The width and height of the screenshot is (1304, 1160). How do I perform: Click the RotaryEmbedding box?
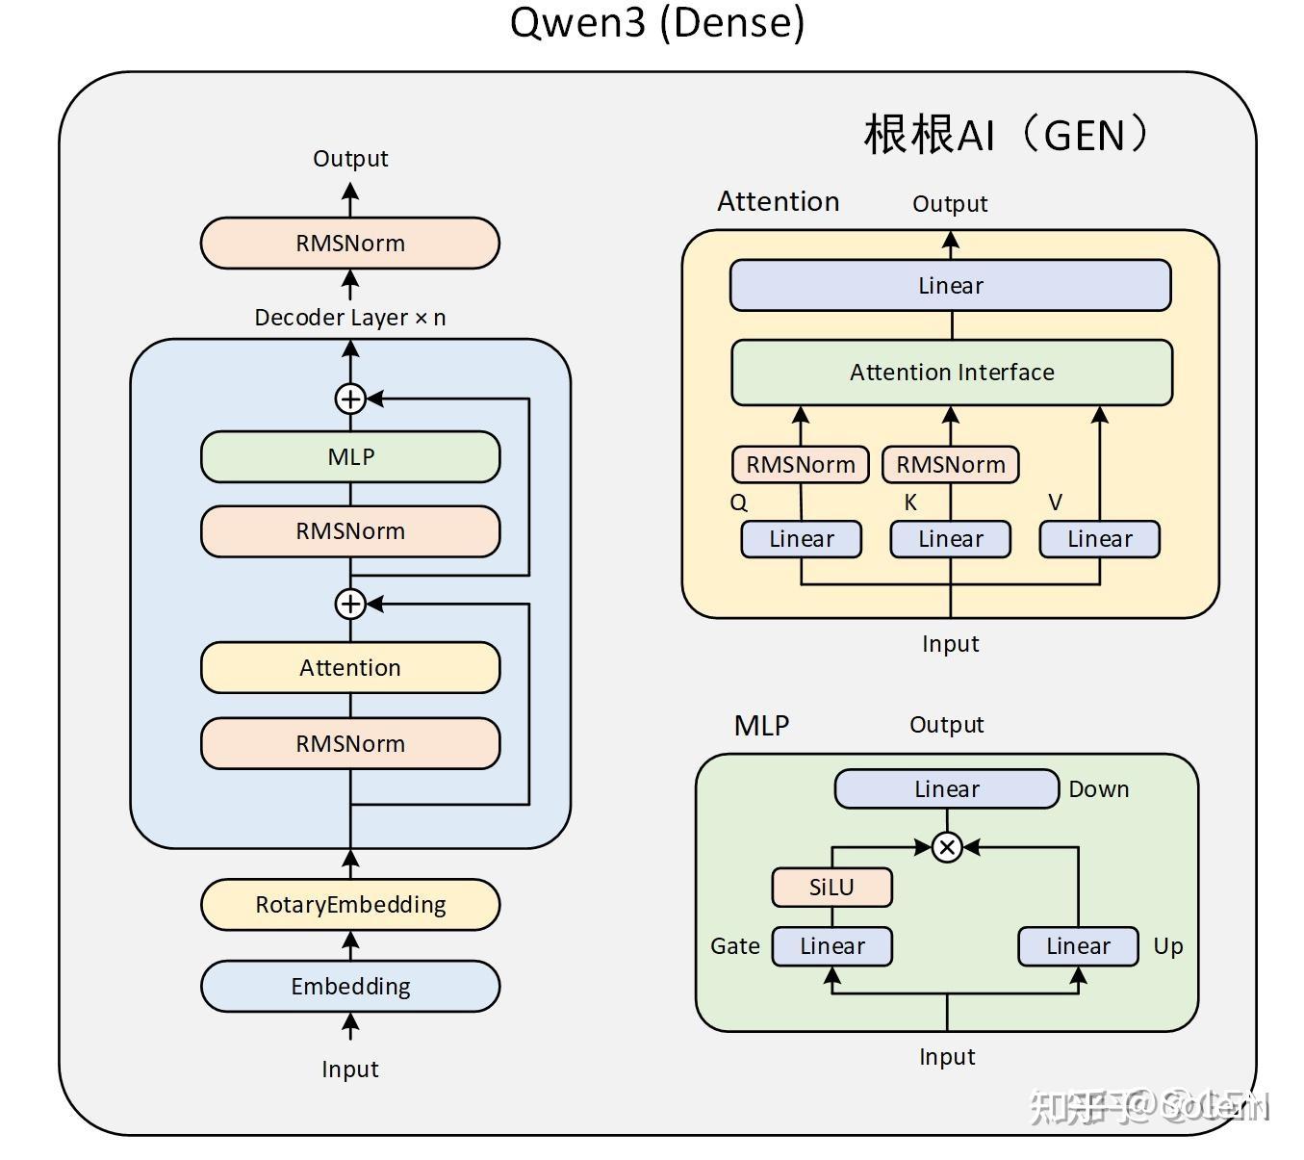(x=350, y=905)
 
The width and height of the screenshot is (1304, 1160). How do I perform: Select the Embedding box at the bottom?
(x=350, y=987)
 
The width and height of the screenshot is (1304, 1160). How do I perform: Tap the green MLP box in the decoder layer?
(x=350, y=457)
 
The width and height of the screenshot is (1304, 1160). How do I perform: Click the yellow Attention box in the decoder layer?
(x=350, y=668)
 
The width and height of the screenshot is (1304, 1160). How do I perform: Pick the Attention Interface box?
(x=952, y=373)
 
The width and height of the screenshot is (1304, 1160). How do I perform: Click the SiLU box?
(x=831, y=888)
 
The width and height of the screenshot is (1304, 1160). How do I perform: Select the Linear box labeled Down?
(x=947, y=789)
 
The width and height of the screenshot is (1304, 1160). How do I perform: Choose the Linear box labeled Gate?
(x=832, y=946)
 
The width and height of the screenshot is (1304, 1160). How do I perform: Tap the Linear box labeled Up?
(x=1078, y=946)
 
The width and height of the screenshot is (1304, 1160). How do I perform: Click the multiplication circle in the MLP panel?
(x=947, y=847)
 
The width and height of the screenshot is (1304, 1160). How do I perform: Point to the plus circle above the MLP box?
(x=350, y=399)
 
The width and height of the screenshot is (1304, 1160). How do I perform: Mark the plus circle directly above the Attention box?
(x=350, y=604)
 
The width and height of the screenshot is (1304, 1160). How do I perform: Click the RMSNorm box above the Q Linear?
(x=801, y=465)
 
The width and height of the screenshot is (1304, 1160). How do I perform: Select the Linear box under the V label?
(x=1099, y=539)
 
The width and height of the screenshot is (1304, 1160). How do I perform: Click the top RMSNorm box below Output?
(x=350, y=244)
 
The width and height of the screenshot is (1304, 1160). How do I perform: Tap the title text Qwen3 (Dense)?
(x=657, y=23)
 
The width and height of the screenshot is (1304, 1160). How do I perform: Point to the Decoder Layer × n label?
(x=350, y=318)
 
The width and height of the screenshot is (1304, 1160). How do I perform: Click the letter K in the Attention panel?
(x=910, y=503)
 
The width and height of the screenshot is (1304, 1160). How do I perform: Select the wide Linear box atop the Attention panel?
(x=951, y=286)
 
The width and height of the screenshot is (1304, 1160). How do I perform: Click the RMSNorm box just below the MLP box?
(x=350, y=531)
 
